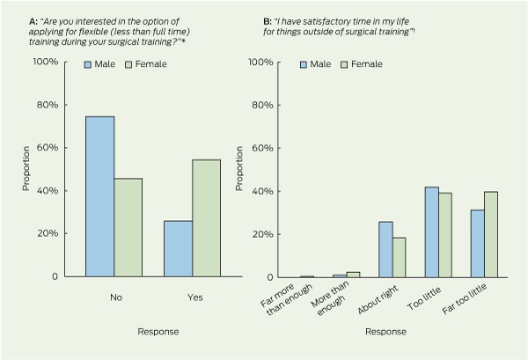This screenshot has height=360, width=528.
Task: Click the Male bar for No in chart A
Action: tap(100, 196)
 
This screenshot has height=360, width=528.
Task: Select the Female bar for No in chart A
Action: tap(128, 228)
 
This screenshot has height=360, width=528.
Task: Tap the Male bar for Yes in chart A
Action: tap(178, 249)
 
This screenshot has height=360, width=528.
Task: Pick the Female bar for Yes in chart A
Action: tap(207, 218)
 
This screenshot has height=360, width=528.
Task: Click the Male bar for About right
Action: tap(386, 250)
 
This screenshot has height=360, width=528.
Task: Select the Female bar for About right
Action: tap(400, 258)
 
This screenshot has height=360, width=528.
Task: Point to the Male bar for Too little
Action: tap(432, 232)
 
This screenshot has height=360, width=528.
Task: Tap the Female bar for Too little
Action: tap(445, 235)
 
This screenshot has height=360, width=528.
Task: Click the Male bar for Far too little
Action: tap(478, 244)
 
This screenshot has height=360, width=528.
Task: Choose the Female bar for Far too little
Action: tap(491, 235)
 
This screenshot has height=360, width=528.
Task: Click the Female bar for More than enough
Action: tap(354, 275)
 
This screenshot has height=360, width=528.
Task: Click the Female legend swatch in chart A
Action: tap(128, 64)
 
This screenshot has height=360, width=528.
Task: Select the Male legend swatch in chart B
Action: tap(304, 64)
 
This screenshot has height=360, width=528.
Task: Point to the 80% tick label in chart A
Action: tap(48, 105)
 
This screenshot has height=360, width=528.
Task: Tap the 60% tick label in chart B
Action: tap(262, 148)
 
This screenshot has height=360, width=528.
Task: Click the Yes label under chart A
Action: tap(195, 298)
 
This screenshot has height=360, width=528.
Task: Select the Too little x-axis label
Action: tap(424, 299)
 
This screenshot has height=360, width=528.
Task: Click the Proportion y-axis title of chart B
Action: tap(239, 168)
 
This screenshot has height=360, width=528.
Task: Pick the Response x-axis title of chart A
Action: tap(158, 332)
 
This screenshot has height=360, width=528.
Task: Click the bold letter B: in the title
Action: tap(268, 21)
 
